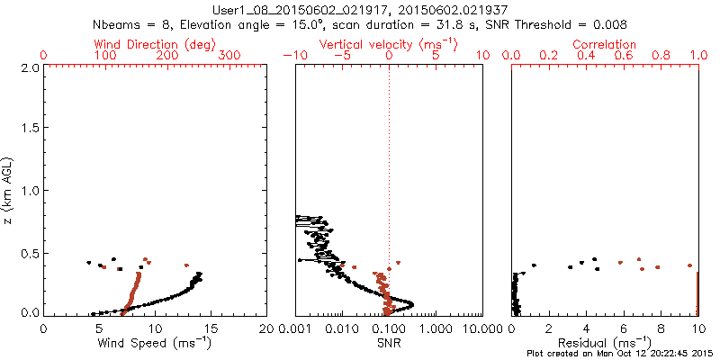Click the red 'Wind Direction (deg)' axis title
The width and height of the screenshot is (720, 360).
154,44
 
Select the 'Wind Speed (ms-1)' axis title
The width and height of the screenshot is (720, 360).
155,342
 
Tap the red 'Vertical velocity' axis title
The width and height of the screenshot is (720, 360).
389,44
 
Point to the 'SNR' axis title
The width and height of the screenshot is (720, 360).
389,342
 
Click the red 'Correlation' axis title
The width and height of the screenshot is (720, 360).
605,44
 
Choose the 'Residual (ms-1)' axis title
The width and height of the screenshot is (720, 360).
605,342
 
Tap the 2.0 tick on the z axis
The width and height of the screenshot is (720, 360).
29,67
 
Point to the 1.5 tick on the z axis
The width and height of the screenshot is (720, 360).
29,129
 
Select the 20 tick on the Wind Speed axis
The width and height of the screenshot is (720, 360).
266,328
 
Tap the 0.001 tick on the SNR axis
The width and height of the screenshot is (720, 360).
296,328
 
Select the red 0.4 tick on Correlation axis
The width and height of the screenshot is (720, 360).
586,56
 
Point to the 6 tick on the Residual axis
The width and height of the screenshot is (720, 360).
623,328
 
